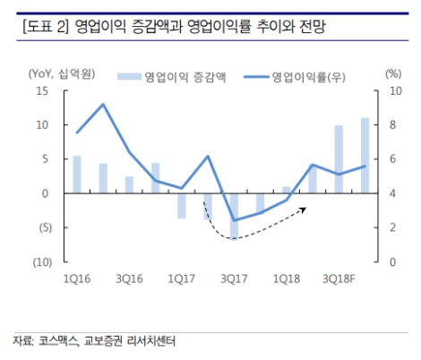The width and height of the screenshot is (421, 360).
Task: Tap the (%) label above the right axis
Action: click(392, 73)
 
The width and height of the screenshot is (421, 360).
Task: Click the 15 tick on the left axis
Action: click(41, 91)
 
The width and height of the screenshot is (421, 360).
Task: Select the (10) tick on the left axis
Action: click(39, 261)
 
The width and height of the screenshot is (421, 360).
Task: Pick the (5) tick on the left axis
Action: click(41, 227)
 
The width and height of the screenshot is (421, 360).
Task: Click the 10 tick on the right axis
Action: click(391, 91)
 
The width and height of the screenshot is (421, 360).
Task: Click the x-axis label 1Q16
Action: click(77, 279)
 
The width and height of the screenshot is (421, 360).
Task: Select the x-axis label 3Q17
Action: click(234, 279)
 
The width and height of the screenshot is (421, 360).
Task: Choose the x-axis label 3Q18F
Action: click(341, 279)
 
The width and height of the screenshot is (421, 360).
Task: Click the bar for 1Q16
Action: click(77, 175)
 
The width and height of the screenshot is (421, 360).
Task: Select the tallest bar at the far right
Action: click(365, 155)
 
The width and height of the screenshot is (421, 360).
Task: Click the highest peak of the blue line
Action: click(103, 105)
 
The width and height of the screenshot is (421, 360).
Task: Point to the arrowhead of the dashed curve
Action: click(306, 209)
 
